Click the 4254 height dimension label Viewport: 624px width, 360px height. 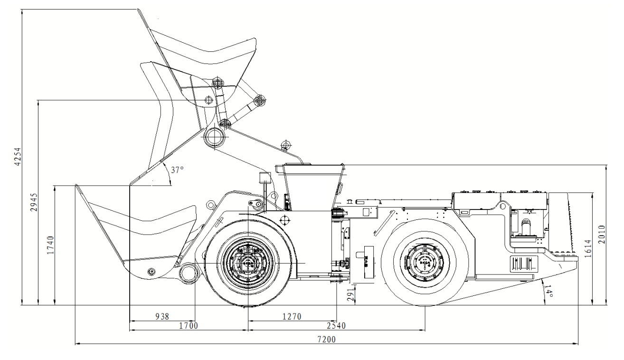18,157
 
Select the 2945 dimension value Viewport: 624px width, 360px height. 34,203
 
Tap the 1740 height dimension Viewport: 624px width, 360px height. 51,245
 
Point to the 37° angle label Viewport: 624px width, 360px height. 177,170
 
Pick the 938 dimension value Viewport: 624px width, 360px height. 162,316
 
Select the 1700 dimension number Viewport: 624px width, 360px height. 189,325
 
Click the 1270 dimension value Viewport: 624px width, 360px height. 292,316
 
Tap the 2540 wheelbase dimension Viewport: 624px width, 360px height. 336,325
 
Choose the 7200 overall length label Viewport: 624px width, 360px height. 326,339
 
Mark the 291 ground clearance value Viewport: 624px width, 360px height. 351,294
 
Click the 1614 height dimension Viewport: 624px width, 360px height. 588,248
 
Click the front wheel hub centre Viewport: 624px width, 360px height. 247,263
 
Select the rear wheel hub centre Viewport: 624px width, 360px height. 424,262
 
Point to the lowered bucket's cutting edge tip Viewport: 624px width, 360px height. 76,186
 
